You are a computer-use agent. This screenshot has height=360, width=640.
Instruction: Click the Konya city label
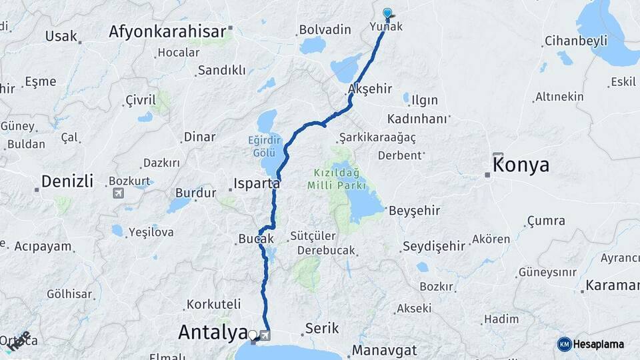coord(521,165)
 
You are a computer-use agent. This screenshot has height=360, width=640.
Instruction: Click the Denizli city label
coord(67,181)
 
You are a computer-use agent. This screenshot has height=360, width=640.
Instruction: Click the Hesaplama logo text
coord(597,344)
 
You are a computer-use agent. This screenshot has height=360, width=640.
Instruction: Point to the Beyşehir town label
coord(414,211)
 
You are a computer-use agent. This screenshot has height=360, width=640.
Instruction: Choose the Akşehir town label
coord(369,89)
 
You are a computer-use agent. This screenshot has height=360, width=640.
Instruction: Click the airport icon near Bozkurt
coord(119,193)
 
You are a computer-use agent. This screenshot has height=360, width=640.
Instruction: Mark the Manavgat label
coord(384,350)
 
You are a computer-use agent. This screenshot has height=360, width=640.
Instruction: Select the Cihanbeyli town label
coord(575,41)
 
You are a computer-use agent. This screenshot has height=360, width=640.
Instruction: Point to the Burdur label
coord(195,193)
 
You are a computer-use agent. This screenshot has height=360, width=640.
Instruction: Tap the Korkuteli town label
coord(213,304)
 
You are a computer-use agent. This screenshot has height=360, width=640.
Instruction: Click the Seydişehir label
coord(433,246)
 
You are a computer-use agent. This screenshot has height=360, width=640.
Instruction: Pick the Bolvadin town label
coord(325,29)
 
